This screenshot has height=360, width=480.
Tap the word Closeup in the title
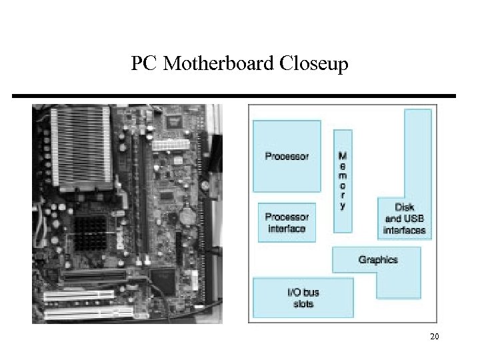coord(314,65)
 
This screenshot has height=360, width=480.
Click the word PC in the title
coord(145,64)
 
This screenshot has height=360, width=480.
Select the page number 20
coord(434,337)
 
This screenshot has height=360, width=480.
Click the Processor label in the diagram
coord(287,157)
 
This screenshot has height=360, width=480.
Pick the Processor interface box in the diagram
coord(287,223)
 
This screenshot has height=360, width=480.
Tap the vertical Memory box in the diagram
coord(343,180)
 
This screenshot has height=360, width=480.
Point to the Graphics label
coord(378,259)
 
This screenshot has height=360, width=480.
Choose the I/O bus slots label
coord(303,299)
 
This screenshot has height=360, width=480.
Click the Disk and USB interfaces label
coord(405,219)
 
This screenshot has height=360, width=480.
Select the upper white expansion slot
coord(87,294)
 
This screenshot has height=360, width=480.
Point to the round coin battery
coord(187,217)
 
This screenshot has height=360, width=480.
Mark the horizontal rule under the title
coord(234,96)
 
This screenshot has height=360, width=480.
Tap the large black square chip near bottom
coord(163,281)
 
